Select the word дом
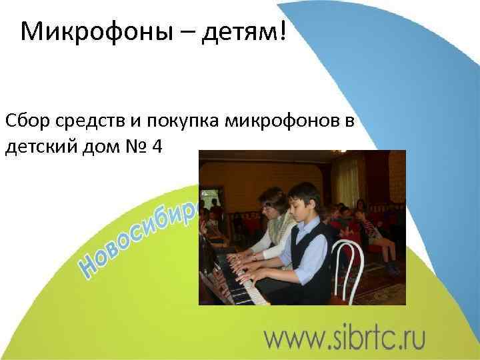click(x=102, y=145)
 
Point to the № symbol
click(x=137, y=145)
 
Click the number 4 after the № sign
click(x=157, y=145)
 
